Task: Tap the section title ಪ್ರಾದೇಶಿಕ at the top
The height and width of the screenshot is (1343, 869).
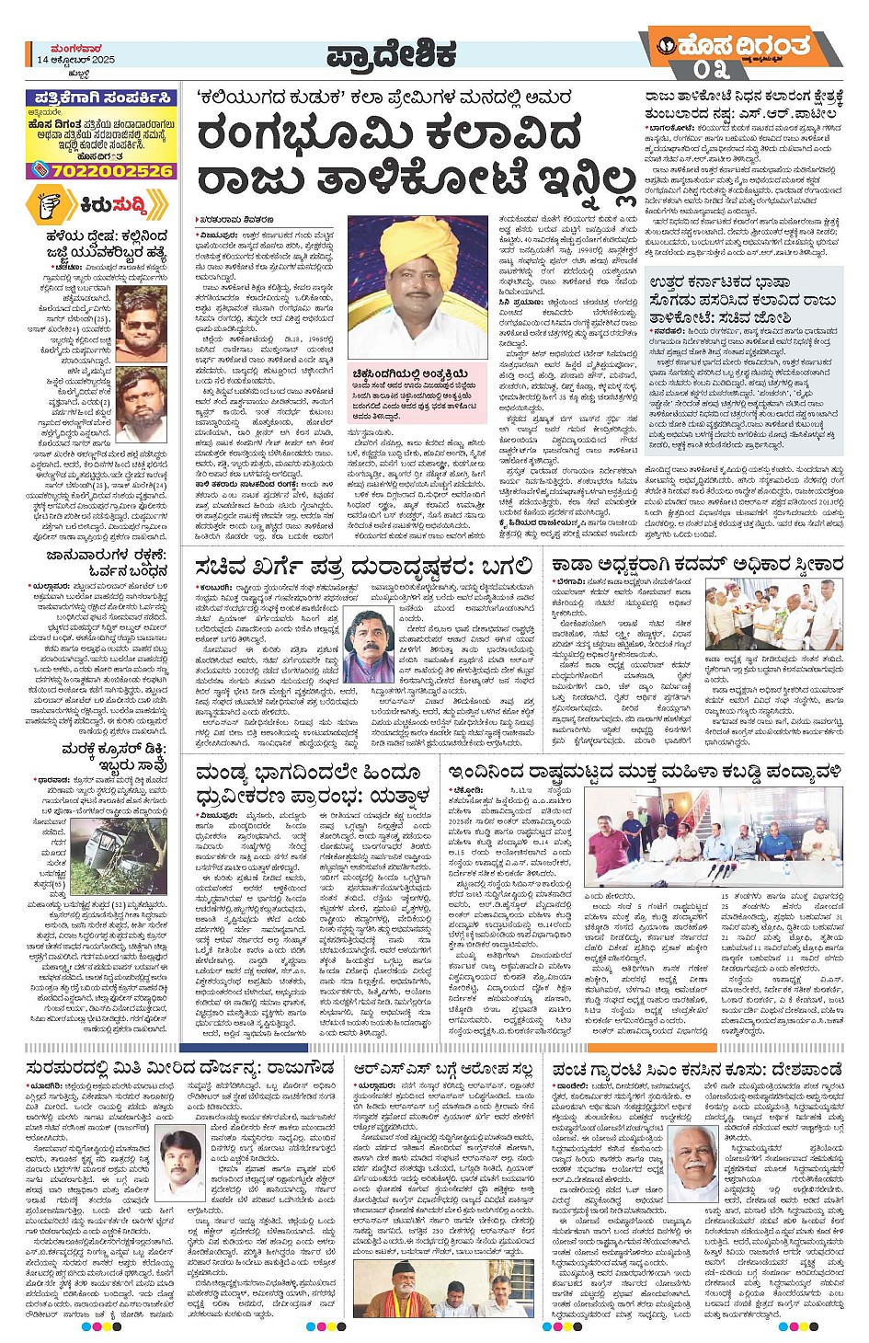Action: point(391,55)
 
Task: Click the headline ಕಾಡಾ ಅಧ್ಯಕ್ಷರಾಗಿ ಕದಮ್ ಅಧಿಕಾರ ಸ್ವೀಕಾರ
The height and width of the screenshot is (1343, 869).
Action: point(697,564)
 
